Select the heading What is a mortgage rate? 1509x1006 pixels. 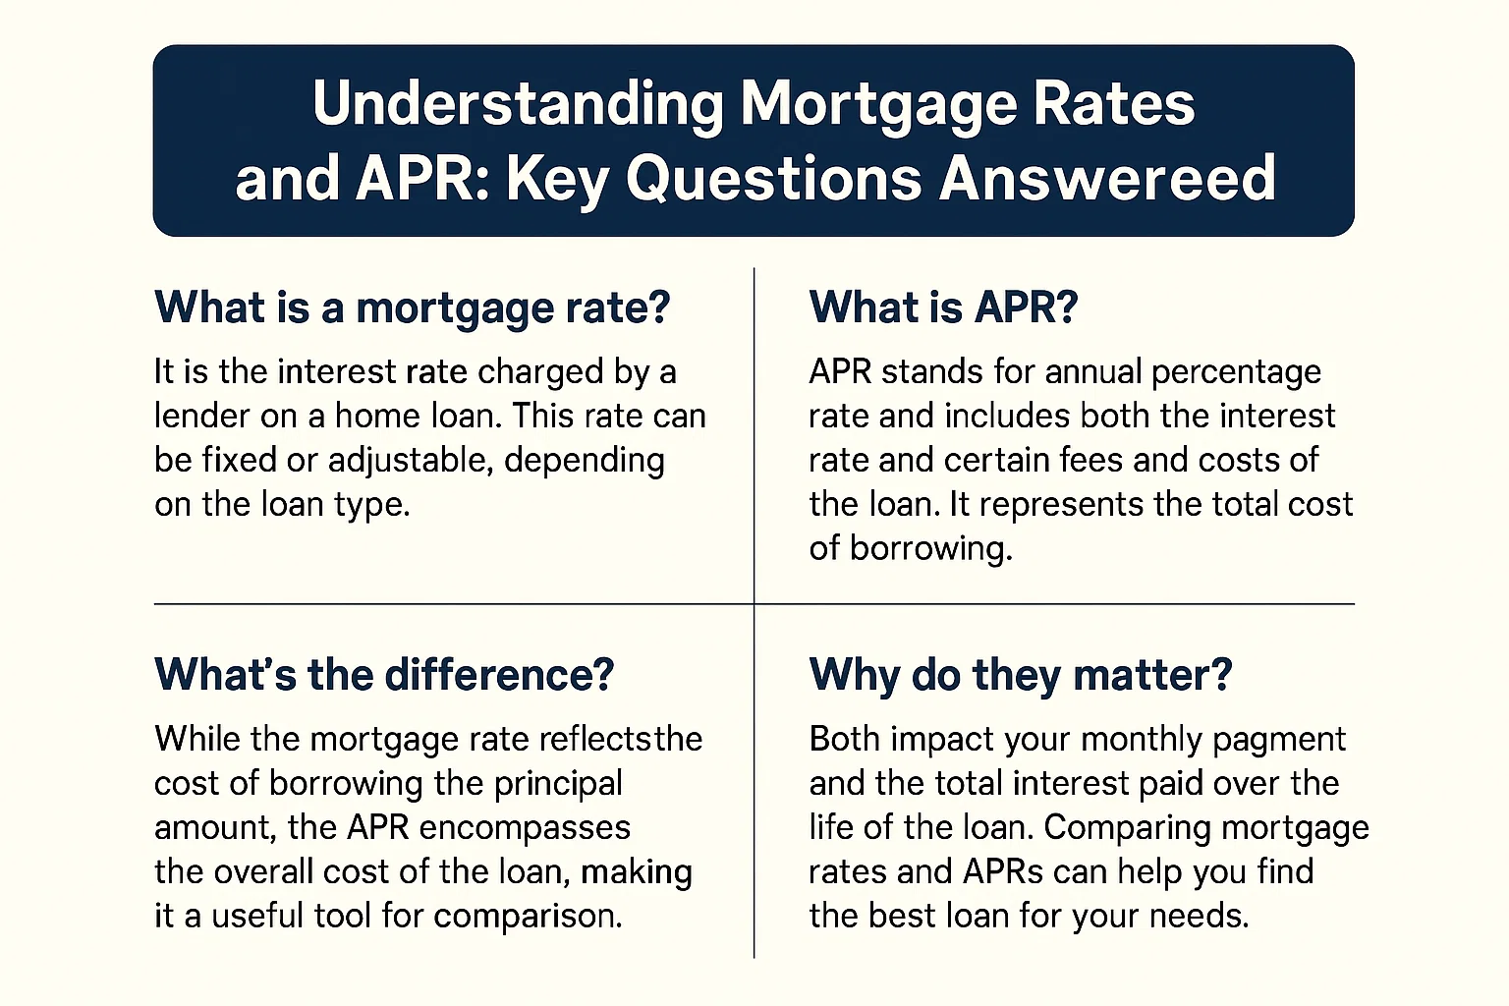tap(412, 307)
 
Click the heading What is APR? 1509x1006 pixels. tap(943, 307)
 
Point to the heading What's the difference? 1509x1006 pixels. tap(384, 675)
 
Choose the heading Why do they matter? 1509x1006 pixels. tap(1020, 675)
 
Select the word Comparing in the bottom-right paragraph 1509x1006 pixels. tap(1114, 827)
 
